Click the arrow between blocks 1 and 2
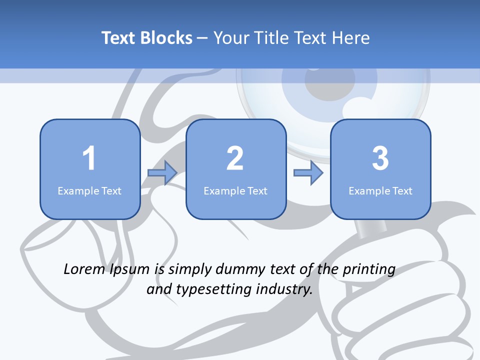coord(162,173)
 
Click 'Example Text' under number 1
coord(89,190)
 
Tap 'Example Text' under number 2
coord(235,190)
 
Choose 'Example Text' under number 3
coord(380,190)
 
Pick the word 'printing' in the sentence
coord(369,269)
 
